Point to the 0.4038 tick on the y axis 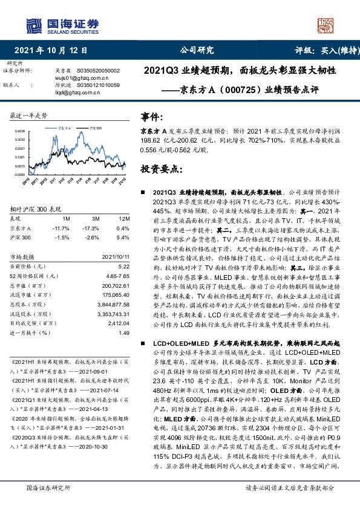coord(19,131)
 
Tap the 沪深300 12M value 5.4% coord(123,238)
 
